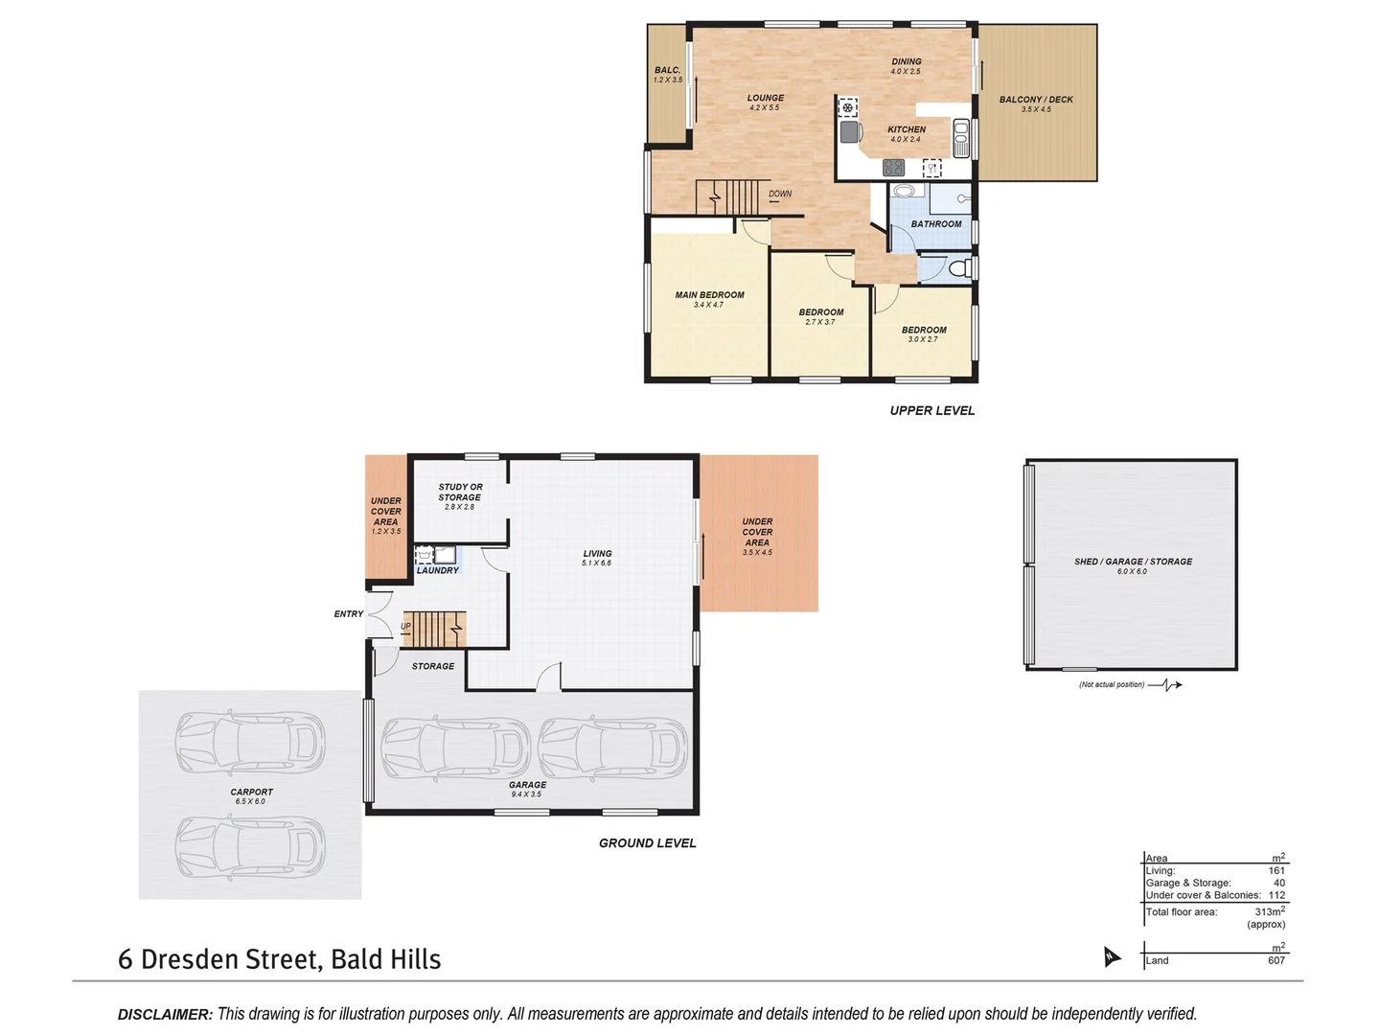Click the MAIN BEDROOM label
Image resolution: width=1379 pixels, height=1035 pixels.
709,295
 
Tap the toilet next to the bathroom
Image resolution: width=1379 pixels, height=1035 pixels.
954,268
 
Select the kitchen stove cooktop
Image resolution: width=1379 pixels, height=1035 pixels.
893,168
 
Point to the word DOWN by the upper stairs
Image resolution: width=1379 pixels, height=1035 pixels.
780,194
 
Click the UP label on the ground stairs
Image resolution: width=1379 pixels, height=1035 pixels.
405,627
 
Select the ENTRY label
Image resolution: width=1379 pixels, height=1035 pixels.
349,614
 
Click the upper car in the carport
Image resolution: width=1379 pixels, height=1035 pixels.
249,742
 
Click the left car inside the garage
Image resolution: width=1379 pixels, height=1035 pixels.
455,748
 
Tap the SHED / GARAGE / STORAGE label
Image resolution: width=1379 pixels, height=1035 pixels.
1133,562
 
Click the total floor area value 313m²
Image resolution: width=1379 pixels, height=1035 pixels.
1269,912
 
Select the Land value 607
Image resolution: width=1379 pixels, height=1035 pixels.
1276,960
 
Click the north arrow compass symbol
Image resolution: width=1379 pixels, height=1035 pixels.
1111,956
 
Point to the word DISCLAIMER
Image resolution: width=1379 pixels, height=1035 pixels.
165,1014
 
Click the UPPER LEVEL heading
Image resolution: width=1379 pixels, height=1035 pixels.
931,410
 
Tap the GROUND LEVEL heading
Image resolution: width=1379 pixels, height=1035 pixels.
647,843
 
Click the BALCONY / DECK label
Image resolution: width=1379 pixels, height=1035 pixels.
1036,100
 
